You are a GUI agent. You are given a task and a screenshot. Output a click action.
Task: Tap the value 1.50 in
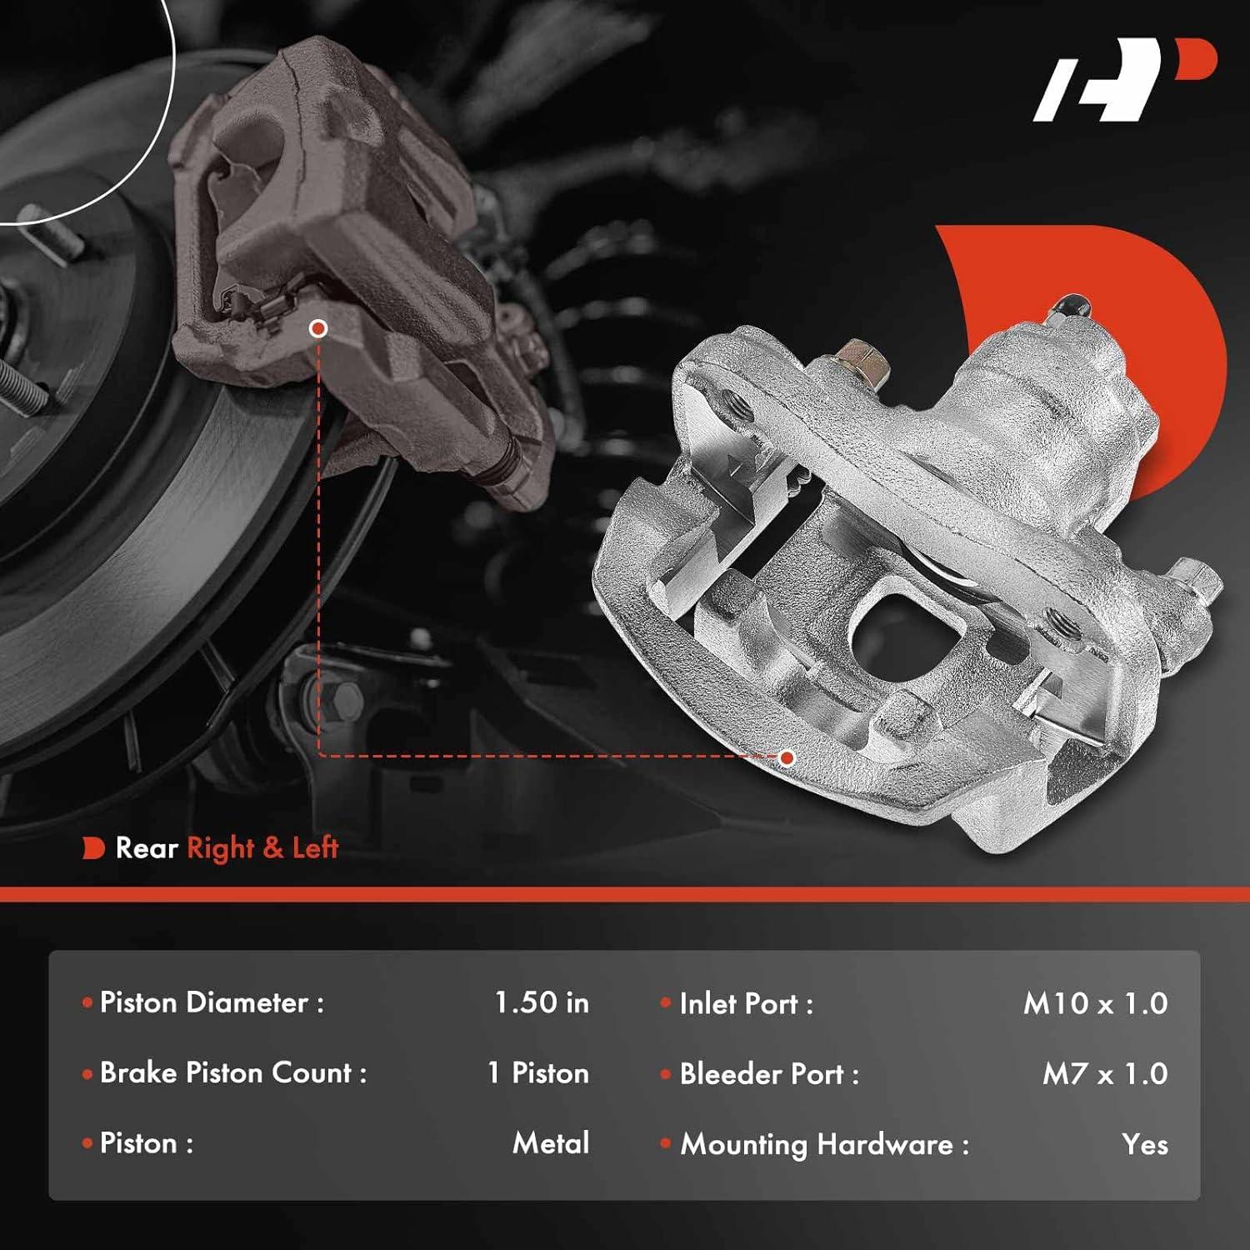(541, 1002)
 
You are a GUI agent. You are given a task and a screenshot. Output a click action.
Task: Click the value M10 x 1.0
(1094, 1003)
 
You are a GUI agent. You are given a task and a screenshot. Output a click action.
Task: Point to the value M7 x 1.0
(1104, 1074)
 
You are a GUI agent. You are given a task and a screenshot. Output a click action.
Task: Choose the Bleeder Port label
(768, 1074)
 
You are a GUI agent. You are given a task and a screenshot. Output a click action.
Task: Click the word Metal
(550, 1143)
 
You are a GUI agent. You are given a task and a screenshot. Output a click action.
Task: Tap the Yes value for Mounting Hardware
(1144, 1145)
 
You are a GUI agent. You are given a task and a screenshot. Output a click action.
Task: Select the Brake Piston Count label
(232, 1073)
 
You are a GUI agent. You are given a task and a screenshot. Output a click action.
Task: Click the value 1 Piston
(537, 1073)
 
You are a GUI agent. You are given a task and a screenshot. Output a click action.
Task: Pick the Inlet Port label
(745, 1004)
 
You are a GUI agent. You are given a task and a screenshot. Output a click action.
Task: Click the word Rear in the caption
(147, 848)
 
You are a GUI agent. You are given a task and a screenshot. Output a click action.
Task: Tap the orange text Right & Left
(262, 848)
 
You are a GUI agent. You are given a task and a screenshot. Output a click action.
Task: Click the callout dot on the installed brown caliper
(317, 329)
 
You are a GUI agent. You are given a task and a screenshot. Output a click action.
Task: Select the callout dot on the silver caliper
(787, 757)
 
